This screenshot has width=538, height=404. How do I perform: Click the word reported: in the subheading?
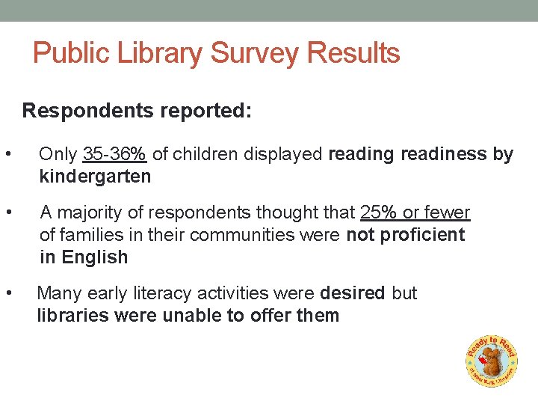pyautogui.click(x=205, y=111)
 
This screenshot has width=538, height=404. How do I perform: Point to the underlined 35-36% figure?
pyautogui.click(x=114, y=154)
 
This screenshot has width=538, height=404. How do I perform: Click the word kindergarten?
pyautogui.click(x=95, y=177)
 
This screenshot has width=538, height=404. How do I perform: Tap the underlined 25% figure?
pyautogui.click(x=379, y=212)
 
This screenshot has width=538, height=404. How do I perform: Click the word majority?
pyautogui.click(x=87, y=212)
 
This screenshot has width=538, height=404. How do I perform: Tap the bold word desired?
pyautogui.click(x=352, y=293)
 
